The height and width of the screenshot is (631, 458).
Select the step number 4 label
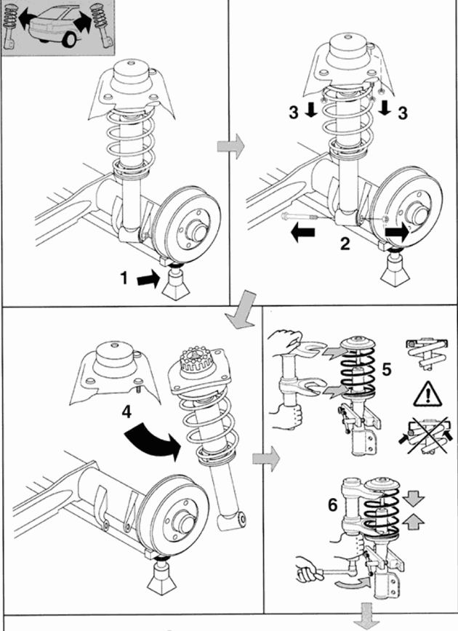(126, 411)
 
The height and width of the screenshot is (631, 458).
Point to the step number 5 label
(386, 369)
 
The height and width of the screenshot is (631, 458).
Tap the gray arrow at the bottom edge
(362, 618)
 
